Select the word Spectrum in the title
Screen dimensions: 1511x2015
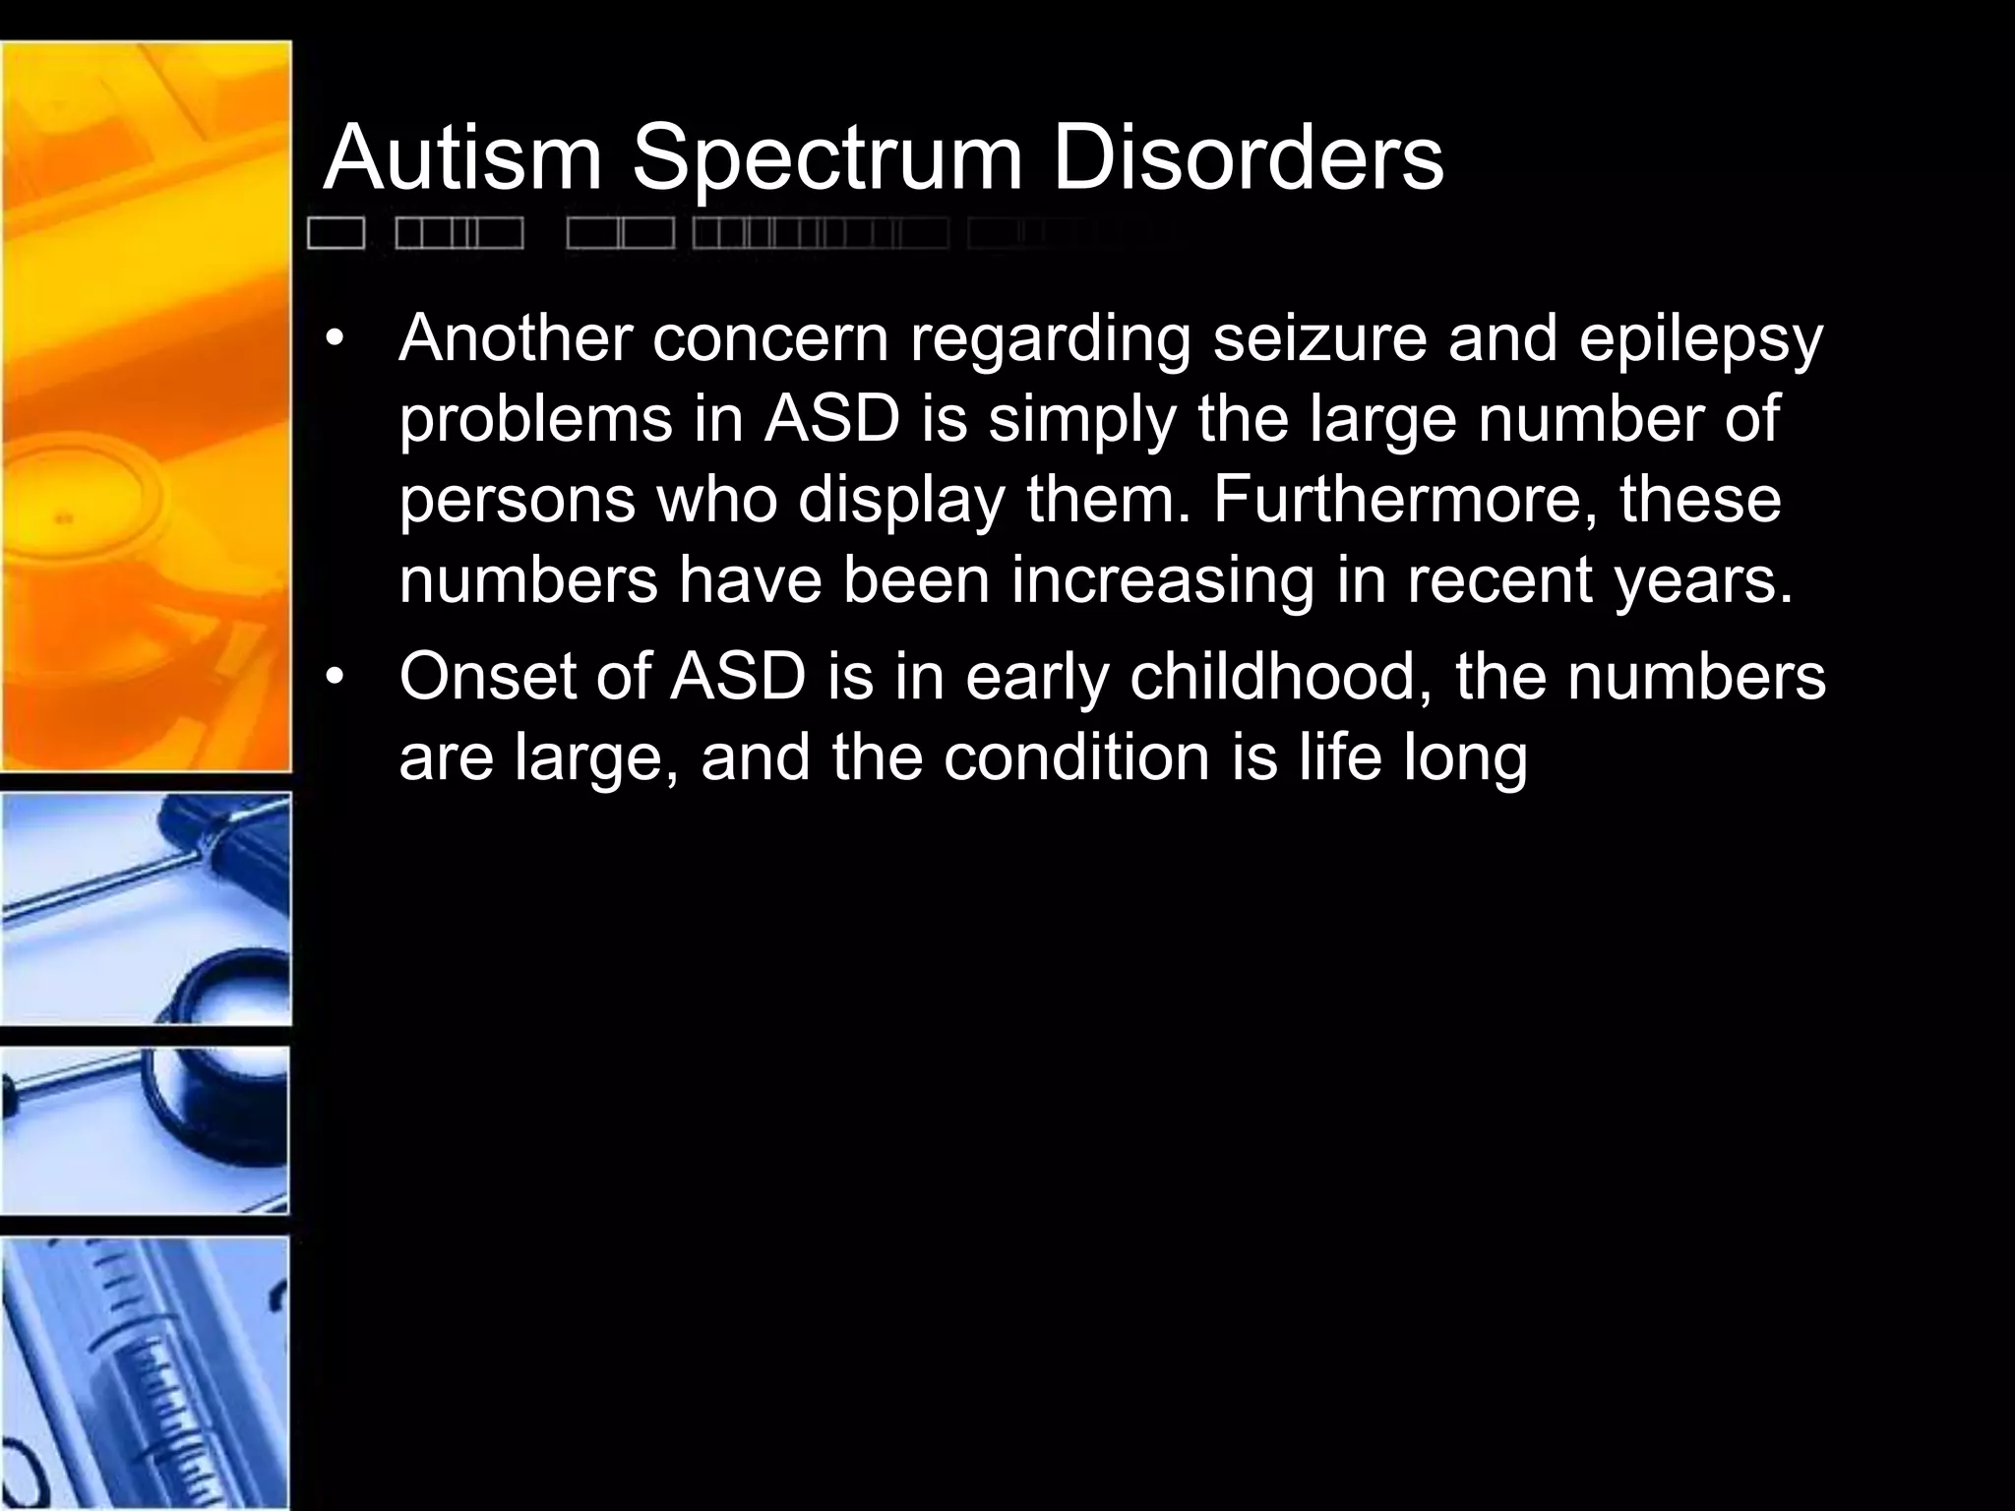pyautogui.click(x=827, y=159)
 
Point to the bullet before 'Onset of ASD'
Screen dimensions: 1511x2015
pyautogui.click(x=336, y=679)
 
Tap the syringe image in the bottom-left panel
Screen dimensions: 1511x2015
pyautogui.click(x=146, y=1372)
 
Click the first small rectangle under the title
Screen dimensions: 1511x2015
pyautogui.click(x=336, y=234)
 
